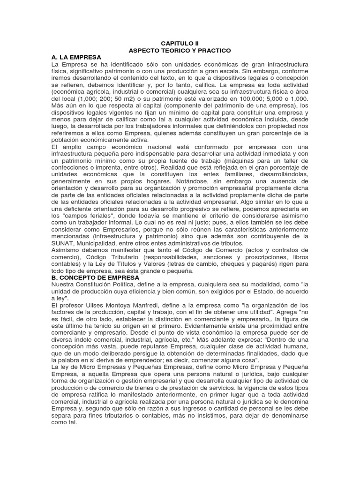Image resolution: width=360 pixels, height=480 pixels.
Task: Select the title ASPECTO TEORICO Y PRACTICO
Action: [x=180, y=50]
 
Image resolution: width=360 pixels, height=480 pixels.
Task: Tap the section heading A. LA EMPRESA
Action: [x=77, y=57]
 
